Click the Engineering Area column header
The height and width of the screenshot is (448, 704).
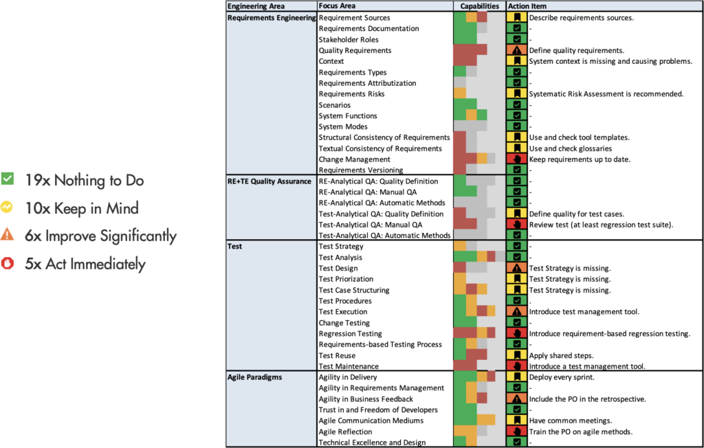pyautogui.click(x=255, y=6)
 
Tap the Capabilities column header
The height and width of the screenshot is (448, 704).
pyautogui.click(x=479, y=6)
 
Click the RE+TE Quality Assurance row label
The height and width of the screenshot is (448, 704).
pyautogui.click(x=269, y=181)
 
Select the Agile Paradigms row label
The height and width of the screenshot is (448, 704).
pyautogui.click(x=254, y=377)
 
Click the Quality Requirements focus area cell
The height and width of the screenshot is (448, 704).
pyautogui.click(x=355, y=50)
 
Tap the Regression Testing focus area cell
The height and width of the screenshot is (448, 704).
pyautogui.click(x=350, y=334)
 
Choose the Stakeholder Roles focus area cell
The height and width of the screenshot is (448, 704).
pyautogui.click(x=349, y=40)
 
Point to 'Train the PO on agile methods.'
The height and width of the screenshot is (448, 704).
pyautogui.click(x=580, y=432)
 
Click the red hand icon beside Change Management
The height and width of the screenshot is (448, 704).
pyautogui.click(x=516, y=159)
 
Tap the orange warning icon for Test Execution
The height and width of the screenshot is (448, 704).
pyautogui.click(x=516, y=312)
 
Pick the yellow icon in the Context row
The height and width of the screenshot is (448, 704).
pyautogui.click(x=516, y=61)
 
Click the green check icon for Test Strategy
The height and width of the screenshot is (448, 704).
pyautogui.click(x=516, y=247)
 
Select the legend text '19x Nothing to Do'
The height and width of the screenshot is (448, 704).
pyautogui.click(x=85, y=181)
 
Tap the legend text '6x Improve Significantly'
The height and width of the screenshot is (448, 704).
pyautogui.click(x=100, y=236)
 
